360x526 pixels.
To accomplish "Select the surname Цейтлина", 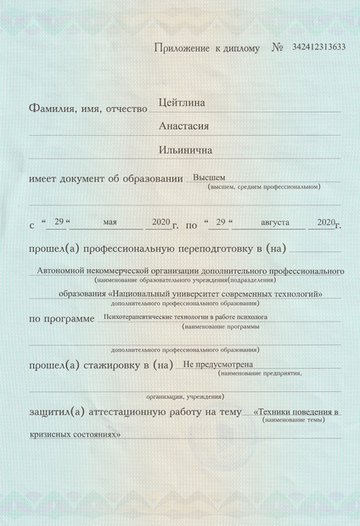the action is point(183,104).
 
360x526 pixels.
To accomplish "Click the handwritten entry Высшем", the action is point(209,177).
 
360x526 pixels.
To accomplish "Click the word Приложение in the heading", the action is point(179,48).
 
